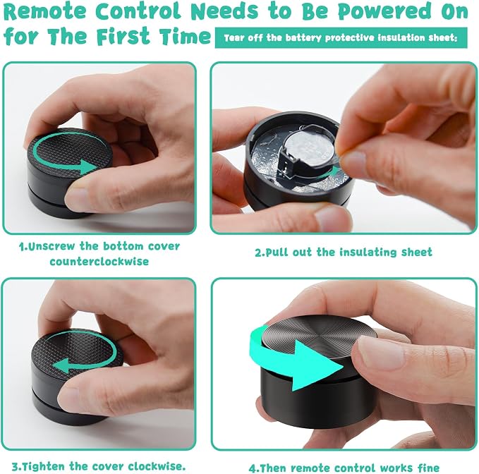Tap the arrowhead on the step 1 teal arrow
pos(90,166)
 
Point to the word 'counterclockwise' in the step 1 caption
pos(99,262)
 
